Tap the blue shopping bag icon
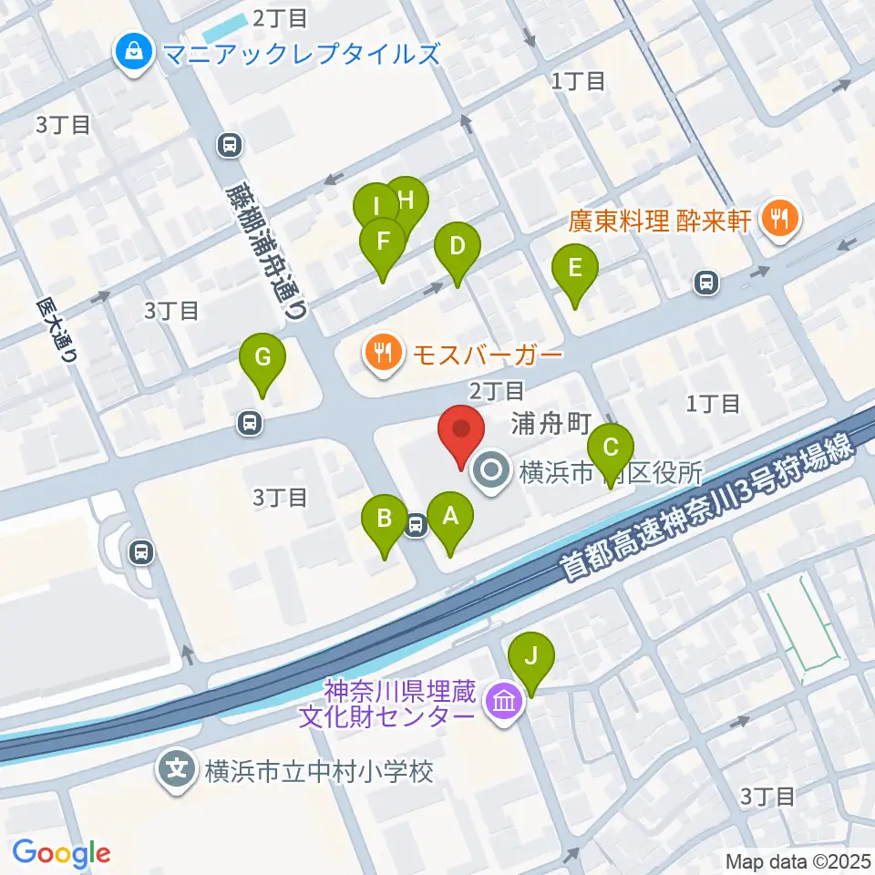pos(135,53)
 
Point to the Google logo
pos(62,853)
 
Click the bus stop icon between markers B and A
pos(417,525)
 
